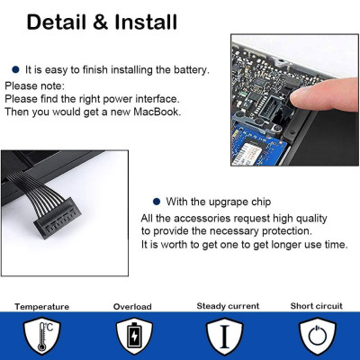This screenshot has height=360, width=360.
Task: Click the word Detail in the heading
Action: (61, 22)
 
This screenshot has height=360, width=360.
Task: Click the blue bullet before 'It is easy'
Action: (16, 68)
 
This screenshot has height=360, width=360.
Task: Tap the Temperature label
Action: (40, 306)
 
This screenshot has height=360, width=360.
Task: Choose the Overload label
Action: (132, 306)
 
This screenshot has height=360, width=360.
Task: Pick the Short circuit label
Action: (314, 306)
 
